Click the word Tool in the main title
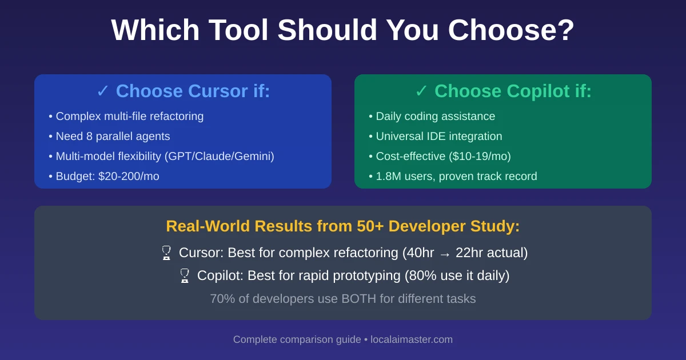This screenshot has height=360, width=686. pos(238,30)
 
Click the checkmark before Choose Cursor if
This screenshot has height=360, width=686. pos(102,91)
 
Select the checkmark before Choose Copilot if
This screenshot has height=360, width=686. pos(421,91)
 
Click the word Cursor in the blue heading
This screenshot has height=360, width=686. pos(218,91)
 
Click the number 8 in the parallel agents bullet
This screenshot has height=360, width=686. pos(89,136)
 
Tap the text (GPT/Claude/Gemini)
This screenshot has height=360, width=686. pos(220,157)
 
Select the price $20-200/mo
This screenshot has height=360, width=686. pos(129,177)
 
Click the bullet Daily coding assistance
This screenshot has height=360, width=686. pos(432,117)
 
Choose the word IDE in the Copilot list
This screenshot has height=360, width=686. pos(437,136)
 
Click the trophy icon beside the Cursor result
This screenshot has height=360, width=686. pos(166,253)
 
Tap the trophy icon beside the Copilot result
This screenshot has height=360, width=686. pos(185,275)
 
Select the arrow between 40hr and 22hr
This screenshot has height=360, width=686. pos(445,254)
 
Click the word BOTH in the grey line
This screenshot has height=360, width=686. pos(358,299)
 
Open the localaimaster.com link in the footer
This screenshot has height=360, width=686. pos(412,339)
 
